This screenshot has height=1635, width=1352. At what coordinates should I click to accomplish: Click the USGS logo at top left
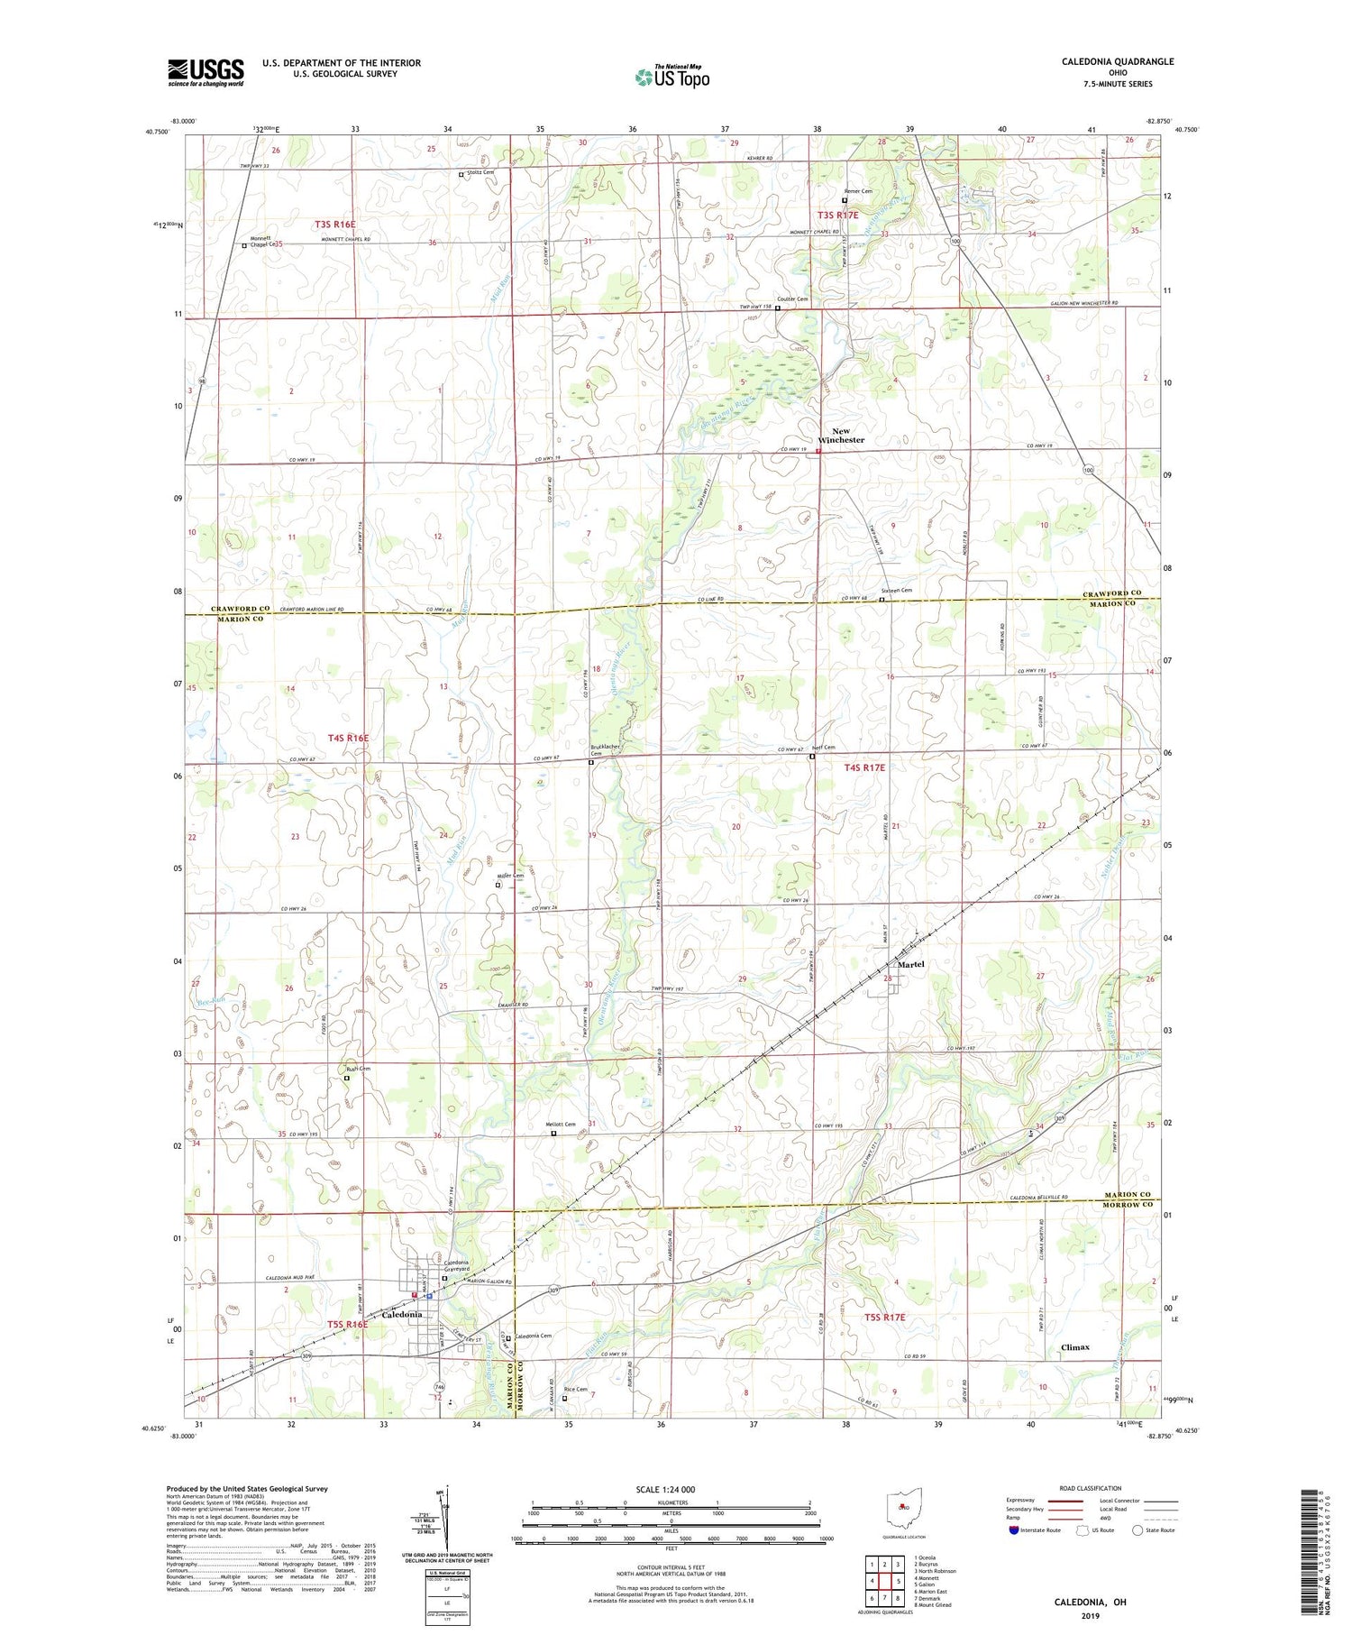pyautogui.click(x=206, y=72)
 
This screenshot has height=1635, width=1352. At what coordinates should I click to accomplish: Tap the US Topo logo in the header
pyautogui.click(x=671, y=77)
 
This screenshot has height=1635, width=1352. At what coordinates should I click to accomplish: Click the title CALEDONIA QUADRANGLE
pyautogui.click(x=1117, y=62)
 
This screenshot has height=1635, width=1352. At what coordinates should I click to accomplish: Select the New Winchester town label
pyautogui.click(x=840, y=436)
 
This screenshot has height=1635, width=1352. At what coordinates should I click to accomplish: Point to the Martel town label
pyautogui.click(x=910, y=964)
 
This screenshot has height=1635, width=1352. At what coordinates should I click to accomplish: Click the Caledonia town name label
pyautogui.click(x=402, y=1315)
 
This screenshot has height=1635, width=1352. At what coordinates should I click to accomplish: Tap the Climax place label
pyautogui.click(x=1074, y=1347)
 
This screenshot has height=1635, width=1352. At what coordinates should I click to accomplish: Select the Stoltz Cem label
pyautogui.click(x=481, y=173)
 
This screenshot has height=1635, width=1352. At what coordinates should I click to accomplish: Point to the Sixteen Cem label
pyautogui.click(x=896, y=591)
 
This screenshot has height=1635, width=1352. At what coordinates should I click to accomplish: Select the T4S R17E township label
pyautogui.click(x=864, y=767)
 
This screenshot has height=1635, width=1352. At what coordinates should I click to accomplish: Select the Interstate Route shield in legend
pyautogui.click(x=1014, y=1530)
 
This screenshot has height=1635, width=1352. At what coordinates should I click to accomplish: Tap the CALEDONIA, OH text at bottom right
pyautogui.click(x=1091, y=1603)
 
